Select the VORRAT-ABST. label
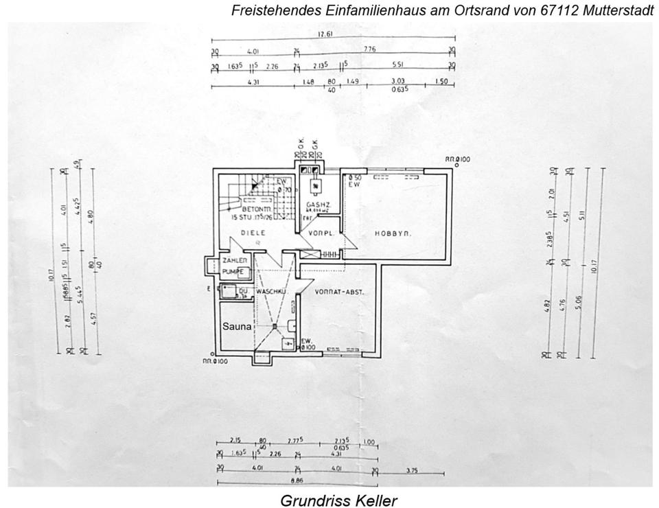point(339,292)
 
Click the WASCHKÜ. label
point(270,292)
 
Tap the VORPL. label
point(320,233)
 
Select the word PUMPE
point(232,272)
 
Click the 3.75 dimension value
point(412,470)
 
